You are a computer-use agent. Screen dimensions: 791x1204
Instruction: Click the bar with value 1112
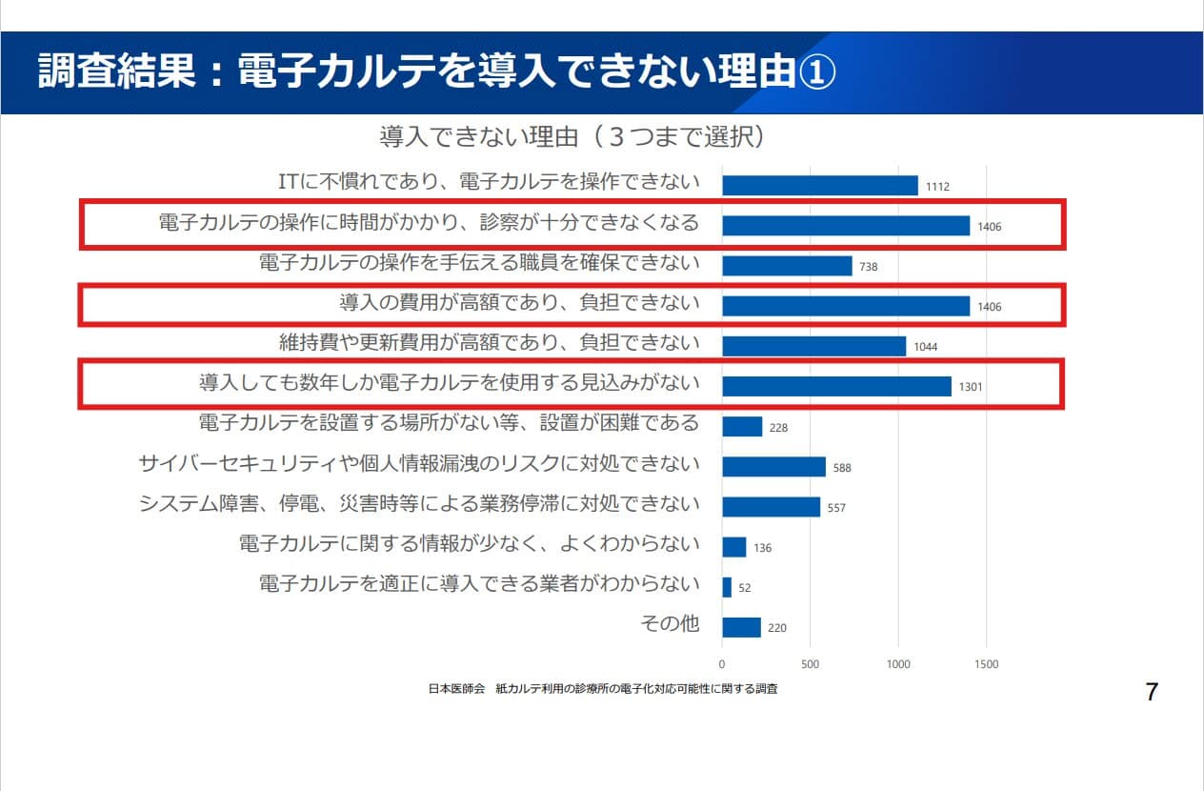819,185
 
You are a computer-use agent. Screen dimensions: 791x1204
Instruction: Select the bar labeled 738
787,266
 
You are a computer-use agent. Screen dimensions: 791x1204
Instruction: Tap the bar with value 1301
836,386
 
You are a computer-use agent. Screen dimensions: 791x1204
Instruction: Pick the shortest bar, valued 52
727,587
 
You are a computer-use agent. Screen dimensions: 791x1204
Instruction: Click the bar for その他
741,627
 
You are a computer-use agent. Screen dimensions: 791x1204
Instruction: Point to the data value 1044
925,347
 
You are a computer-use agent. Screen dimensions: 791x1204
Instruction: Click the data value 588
842,468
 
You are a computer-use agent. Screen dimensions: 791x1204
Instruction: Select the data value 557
835,508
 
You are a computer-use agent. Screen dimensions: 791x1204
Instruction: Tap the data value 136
762,548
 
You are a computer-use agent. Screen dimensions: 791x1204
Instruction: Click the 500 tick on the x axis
810,664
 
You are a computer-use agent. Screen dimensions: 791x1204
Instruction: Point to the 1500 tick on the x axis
986,664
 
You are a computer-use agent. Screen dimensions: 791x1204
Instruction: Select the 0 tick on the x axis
722,664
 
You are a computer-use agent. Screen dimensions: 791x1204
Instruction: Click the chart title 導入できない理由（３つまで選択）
572,137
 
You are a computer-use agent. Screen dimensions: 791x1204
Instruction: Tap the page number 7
1152,692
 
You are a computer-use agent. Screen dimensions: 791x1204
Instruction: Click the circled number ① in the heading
815,72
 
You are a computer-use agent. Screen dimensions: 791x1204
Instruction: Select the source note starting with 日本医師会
603,688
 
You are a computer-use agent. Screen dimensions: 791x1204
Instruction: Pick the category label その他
670,624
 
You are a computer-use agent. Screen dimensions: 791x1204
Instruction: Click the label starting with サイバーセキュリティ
419,464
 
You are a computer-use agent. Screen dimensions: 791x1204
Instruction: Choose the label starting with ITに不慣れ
489,182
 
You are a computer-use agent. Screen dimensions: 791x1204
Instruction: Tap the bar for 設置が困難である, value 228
742,427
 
